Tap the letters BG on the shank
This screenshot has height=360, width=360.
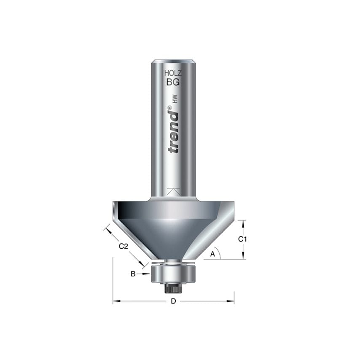point(172,83)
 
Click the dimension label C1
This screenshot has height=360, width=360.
point(242,239)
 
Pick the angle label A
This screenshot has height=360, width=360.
point(213,254)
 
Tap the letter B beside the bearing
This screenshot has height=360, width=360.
point(133,274)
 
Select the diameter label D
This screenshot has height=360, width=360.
point(173,301)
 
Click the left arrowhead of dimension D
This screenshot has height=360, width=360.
point(116,301)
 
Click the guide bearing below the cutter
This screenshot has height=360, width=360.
point(173,273)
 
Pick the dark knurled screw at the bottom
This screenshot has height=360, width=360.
point(173,287)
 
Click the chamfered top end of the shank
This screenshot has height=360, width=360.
point(173,61)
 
